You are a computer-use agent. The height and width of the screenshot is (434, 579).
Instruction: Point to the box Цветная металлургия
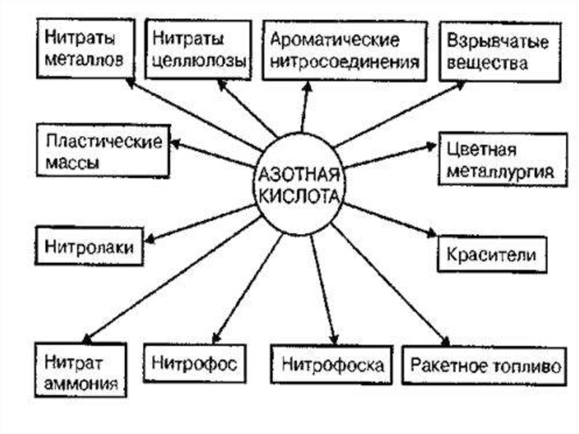point(502,160)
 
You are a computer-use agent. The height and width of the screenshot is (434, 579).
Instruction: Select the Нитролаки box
point(89,246)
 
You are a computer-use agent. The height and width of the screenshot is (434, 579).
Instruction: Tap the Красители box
point(491,254)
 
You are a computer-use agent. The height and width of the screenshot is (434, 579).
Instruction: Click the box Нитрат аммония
point(81,369)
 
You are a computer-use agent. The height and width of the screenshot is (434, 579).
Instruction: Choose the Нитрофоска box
point(332,364)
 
